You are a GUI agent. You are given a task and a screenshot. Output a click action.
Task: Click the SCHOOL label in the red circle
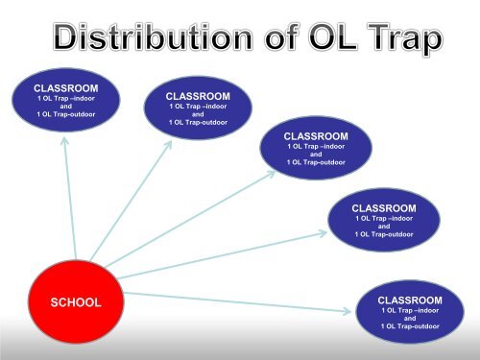[x=75, y=302]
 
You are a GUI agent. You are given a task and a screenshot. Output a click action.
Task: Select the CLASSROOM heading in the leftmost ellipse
[x=66, y=87]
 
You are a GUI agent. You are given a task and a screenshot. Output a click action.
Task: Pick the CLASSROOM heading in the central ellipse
[x=316, y=136]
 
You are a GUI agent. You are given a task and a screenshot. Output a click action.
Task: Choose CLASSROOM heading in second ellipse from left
[x=198, y=96]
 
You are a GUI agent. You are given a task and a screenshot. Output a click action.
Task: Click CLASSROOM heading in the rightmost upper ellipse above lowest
[x=384, y=207]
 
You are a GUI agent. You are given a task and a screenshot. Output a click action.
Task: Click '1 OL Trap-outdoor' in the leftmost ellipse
[x=66, y=115]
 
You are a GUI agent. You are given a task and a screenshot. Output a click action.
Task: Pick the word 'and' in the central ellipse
[x=316, y=154]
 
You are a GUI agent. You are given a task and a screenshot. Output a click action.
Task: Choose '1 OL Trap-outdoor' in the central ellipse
[x=316, y=162]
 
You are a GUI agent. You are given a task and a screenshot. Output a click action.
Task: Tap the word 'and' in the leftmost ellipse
[x=66, y=107]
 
